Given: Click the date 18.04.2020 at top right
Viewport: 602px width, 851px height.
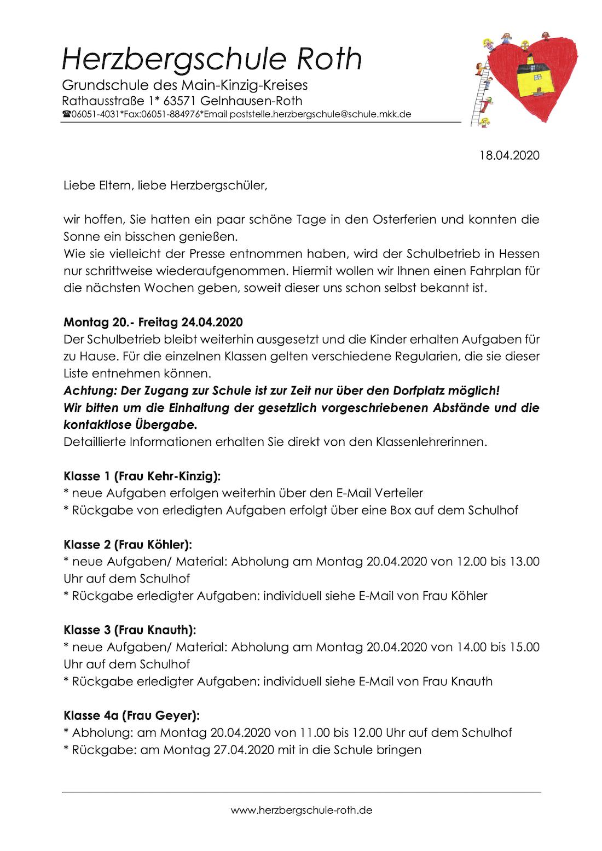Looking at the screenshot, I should pos(510,155).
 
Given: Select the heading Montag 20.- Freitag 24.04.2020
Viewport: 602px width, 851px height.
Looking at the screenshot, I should pos(153,322).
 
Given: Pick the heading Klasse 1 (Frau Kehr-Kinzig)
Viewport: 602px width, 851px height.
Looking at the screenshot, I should pos(142,476).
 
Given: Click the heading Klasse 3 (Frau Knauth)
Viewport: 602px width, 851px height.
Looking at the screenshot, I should pos(130,630).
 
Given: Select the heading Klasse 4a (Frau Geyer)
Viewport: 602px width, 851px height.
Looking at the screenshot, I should pos(132,715).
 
